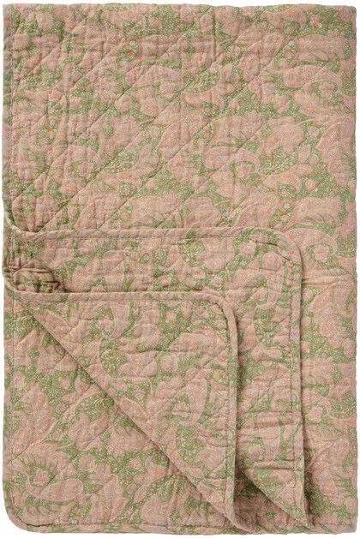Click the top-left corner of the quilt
4,3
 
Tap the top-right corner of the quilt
356,3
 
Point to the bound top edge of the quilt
180,3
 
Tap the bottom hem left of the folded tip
129,531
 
